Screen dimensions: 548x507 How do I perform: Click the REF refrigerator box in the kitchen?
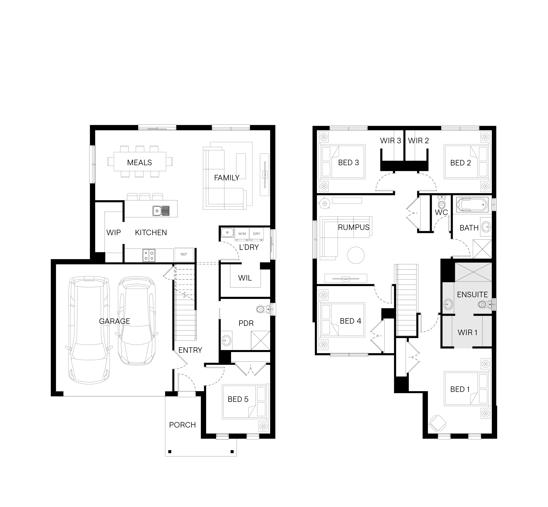(184, 254)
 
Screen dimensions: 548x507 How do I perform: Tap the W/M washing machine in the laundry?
(242, 234)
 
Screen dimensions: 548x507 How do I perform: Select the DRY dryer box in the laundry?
(256, 234)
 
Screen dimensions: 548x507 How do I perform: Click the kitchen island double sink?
(161, 211)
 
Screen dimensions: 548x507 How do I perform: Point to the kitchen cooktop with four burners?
(149, 255)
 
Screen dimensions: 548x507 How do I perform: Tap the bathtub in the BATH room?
(472, 205)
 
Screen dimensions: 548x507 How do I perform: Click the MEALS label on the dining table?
(139, 162)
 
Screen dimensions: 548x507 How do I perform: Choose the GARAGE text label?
(115, 321)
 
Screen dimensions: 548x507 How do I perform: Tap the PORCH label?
(182, 425)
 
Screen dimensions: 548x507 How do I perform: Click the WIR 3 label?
(390, 141)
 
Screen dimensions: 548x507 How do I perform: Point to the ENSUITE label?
(472, 294)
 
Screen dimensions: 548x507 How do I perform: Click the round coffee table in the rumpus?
(356, 255)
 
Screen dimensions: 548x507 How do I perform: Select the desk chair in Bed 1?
(437, 423)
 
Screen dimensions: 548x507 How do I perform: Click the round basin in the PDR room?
(226, 341)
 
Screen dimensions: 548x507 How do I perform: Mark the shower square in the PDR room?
(260, 341)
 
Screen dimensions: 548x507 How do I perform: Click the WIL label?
(245, 278)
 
